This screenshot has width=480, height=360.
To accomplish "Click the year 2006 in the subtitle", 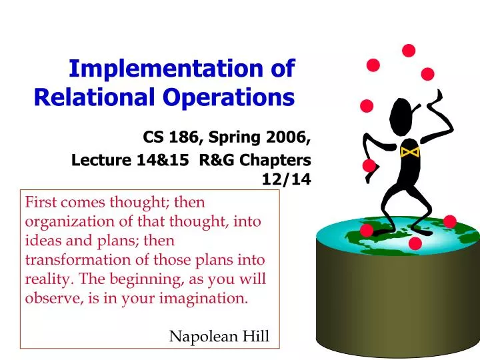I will point(289,138).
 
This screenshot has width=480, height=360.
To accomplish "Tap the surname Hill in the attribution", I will point(255,337).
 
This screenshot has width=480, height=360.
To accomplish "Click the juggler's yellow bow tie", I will point(409,153).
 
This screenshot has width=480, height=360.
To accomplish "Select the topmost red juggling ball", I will point(409,50).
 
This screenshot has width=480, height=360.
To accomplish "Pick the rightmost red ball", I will point(450,221).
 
